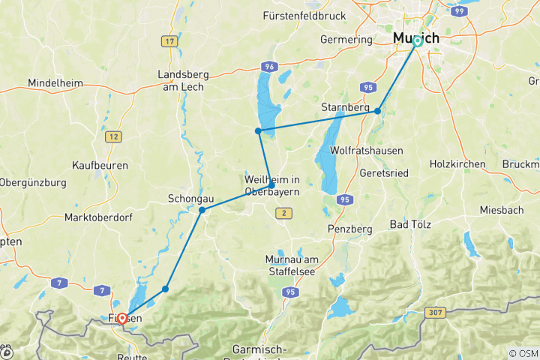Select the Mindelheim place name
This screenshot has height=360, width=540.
click(x=54, y=82)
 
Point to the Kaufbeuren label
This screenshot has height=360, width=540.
click(x=100, y=164)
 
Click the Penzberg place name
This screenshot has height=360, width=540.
click(x=350, y=227)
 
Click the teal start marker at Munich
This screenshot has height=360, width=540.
click(x=418, y=41)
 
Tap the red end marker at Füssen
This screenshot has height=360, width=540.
click(x=121, y=318)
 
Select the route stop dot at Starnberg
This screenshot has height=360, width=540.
click(x=378, y=111)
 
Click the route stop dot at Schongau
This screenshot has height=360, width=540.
click(x=202, y=210)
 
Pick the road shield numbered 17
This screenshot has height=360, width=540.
click(x=169, y=40)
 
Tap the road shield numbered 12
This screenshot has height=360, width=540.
click(x=113, y=136)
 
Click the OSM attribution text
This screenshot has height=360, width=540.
click(x=522, y=353)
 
